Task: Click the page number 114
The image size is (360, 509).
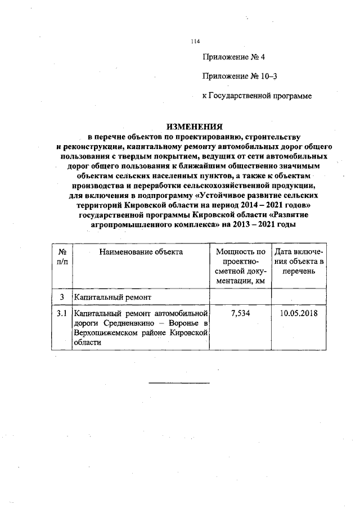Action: [x=195, y=40]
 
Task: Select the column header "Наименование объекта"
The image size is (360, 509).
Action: [x=141, y=252]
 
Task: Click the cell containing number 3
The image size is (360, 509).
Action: [x=61, y=296]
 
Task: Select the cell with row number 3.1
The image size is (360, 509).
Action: [x=61, y=313]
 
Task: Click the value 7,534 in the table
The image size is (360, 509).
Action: [x=240, y=313]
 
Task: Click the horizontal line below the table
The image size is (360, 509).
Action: [x=179, y=384]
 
